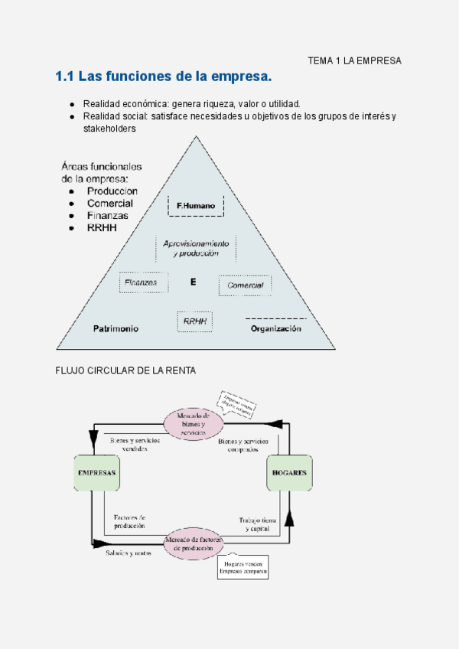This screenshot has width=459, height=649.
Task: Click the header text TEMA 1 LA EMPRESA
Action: pos(354,60)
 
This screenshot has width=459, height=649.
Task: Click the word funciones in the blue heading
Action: pos(142,77)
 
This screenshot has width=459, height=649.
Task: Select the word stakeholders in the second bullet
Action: pos(109,129)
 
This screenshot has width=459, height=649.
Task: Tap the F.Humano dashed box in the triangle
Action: pos(195,206)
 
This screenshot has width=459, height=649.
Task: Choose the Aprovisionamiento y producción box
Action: pos(196,248)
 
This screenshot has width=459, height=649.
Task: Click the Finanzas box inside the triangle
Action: pos(143,283)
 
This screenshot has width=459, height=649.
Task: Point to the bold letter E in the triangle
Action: pos(194,282)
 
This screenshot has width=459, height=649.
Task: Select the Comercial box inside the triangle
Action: pos(245,285)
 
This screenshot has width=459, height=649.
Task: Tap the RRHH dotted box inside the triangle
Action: pos(195,321)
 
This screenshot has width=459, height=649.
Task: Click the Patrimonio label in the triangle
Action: pos(116,328)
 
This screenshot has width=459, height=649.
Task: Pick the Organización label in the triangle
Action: pos(276,328)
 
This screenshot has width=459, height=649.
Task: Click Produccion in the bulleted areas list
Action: pos(112,191)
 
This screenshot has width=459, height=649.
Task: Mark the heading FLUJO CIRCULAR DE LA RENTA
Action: pos(125,370)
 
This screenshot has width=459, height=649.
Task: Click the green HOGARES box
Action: pos(289,473)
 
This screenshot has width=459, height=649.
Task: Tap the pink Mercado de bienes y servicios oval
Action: pos(193,424)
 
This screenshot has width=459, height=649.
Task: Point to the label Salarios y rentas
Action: pos(129,553)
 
